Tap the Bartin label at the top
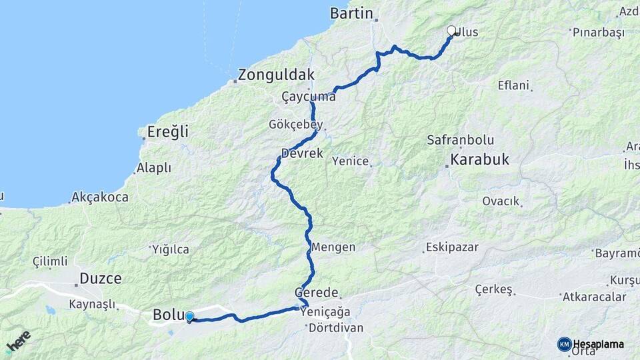coord(351,13)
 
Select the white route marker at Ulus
coord(451,31)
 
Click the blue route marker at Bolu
coord(189,317)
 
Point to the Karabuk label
coord(479,159)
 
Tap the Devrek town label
coord(302,153)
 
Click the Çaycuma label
coord(308,97)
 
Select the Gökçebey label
coord(295,125)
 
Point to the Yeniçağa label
coord(325,311)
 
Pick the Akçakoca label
coord(100,197)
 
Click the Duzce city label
coord(100,279)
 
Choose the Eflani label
coord(513,85)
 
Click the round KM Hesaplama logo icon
coord(564,344)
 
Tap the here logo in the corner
coord(18,341)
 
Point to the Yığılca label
coord(171,249)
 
